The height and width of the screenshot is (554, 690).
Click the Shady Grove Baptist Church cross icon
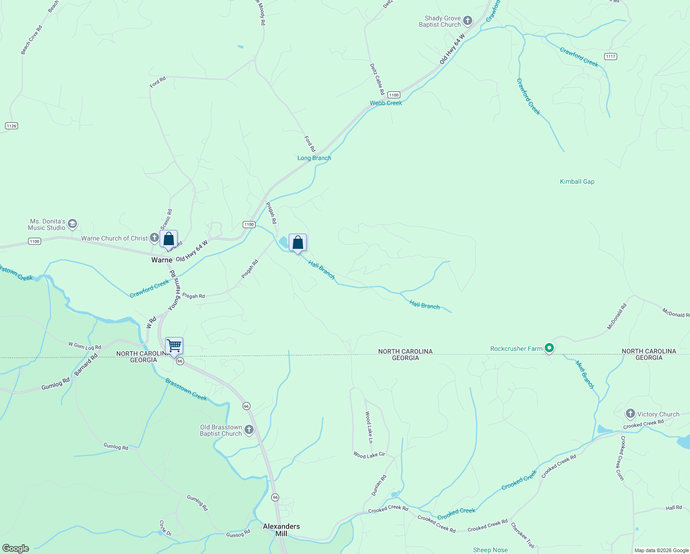pos(468,20)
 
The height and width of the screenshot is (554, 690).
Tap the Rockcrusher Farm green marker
pos(549,348)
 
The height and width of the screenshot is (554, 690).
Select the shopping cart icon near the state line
pos(174,345)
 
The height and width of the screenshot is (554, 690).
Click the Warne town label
pos(162,260)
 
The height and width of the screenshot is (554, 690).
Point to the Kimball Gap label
pos(577,181)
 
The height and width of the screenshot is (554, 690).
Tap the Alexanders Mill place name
pos(281,530)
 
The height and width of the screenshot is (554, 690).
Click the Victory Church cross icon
pos(631,414)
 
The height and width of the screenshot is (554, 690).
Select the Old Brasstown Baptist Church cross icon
pos(249,430)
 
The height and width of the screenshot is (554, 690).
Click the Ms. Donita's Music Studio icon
pos(72,224)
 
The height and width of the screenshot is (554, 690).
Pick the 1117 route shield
pos(611,56)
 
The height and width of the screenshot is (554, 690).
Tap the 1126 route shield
pos(12,126)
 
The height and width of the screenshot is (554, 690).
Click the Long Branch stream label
pos(314,158)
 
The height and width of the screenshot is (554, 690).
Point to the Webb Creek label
pos(386,103)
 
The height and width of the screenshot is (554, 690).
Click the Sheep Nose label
pos(490,550)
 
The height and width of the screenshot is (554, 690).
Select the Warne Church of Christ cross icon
pos(155,238)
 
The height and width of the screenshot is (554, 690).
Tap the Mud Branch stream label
pos(585,374)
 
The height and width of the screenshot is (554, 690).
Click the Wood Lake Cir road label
pos(369,455)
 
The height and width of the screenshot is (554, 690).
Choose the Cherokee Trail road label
pos(523,536)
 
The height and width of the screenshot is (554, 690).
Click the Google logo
pos(16,548)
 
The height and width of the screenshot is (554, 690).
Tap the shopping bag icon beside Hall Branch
pos(297,242)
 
